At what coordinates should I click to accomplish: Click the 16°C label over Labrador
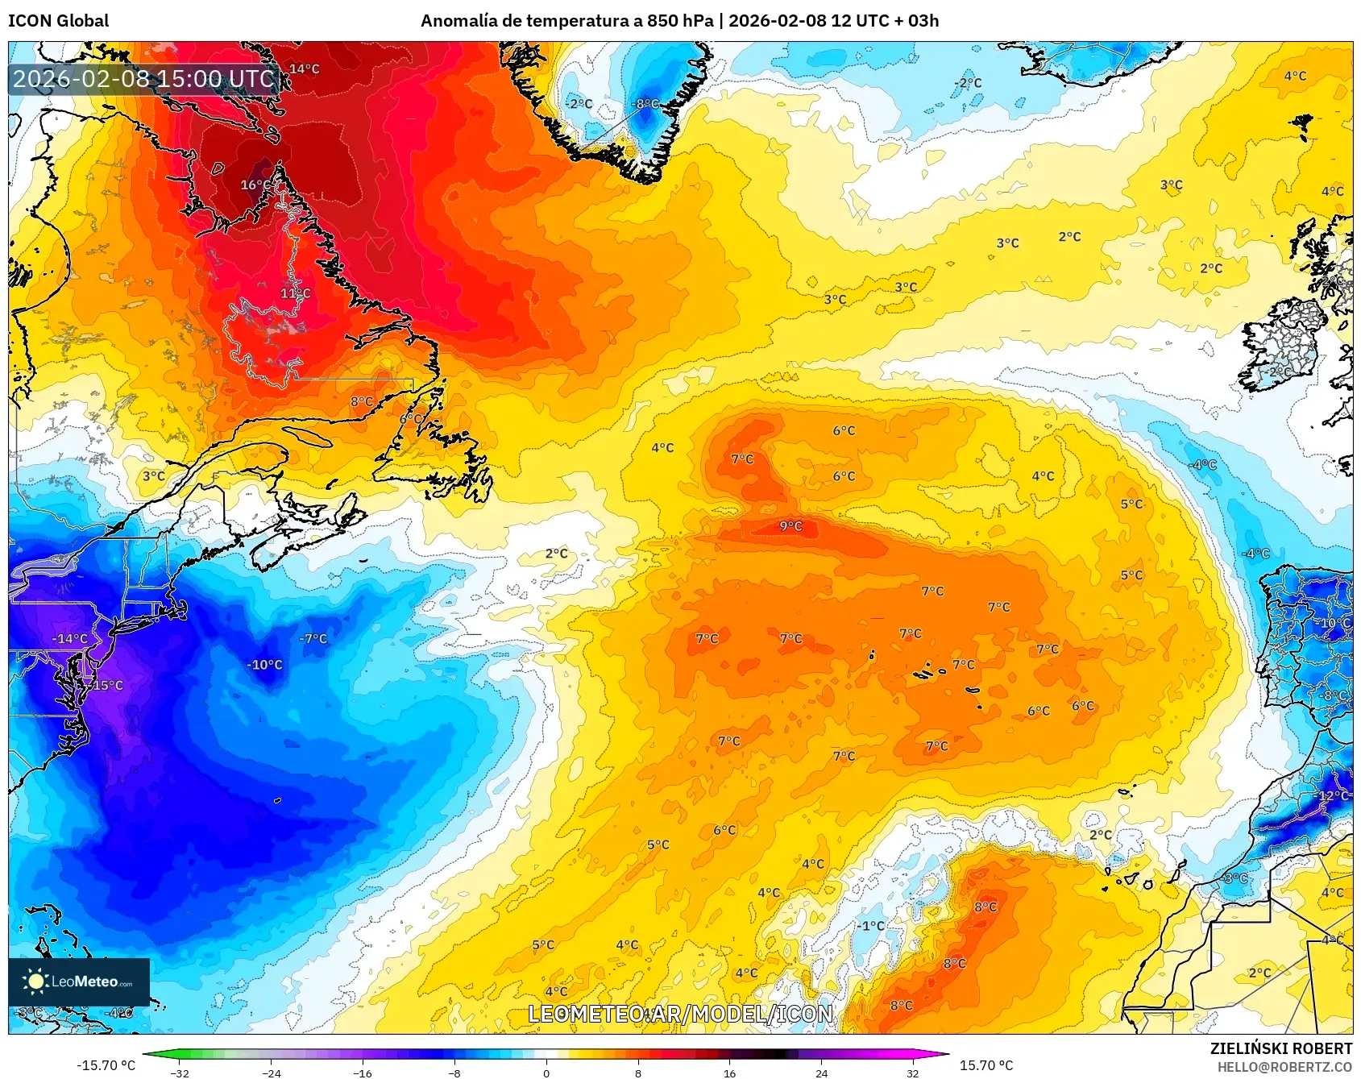[x=256, y=185]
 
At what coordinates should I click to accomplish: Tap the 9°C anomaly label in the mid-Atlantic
[x=790, y=526]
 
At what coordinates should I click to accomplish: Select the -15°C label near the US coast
[x=106, y=686]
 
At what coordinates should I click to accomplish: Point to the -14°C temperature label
[x=69, y=639]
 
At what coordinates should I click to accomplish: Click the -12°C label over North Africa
[x=1332, y=795]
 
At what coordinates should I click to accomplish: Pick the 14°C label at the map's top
[x=304, y=69]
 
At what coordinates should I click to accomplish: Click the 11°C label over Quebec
[x=295, y=293]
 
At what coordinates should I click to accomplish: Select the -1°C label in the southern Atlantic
[x=870, y=926]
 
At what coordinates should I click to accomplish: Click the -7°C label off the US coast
[x=313, y=639]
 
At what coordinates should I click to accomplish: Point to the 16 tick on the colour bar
[x=729, y=1073]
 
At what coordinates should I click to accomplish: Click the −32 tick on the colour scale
[x=180, y=1073]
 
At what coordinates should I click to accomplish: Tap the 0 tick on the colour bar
[x=546, y=1073]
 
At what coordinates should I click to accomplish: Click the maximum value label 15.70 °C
[x=985, y=1065]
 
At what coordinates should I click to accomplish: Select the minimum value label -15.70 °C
[x=106, y=1065]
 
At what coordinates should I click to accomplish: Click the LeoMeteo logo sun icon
[x=35, y=981]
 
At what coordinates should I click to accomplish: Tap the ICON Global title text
[x=58, y=21]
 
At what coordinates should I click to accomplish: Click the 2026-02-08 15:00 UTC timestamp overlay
[x=143, y=79]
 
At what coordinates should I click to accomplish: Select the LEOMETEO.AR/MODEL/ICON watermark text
[x=680, y=1014]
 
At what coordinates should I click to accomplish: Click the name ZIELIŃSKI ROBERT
[x=1280, y=1048]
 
